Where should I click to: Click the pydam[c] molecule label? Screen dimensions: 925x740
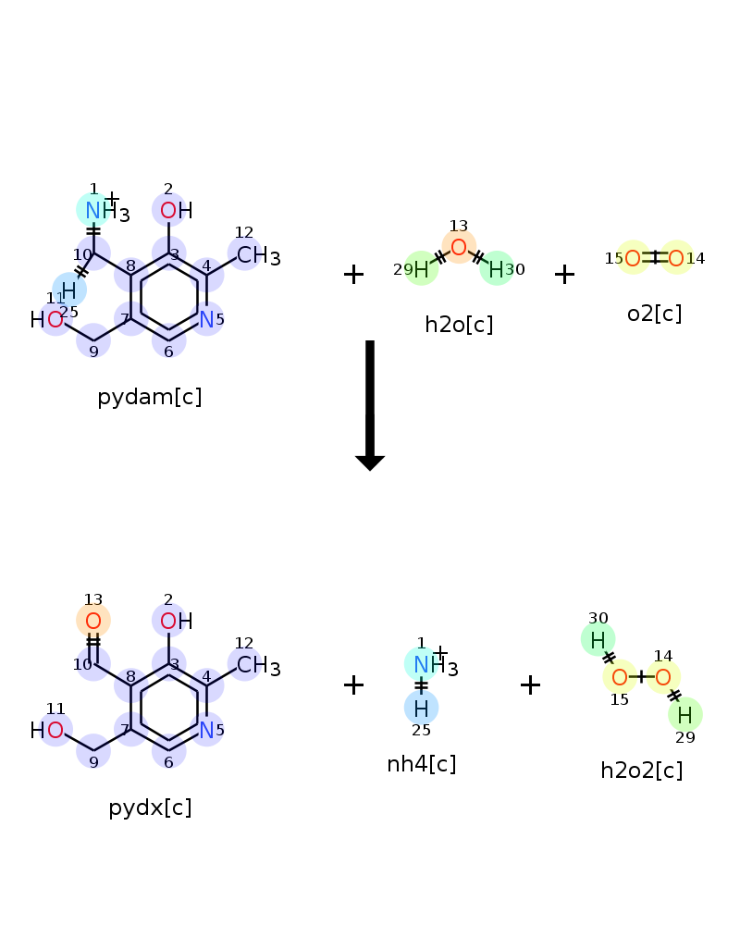click(x=149, y=398)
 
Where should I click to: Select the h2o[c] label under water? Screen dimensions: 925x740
click(x=459, y=325)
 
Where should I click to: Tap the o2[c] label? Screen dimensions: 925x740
click(x=654, y=314)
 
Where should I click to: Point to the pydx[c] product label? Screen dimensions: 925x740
click(x=150, y=808)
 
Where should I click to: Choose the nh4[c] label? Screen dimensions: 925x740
click(x=422, y=764)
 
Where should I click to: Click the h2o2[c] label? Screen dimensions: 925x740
click(x=642, y=771)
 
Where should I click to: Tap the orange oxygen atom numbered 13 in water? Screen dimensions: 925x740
click(x=459, y=247)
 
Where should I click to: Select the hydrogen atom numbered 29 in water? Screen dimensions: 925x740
click(x=421, y=269)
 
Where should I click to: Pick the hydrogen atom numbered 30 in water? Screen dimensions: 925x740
click(x=497, y=269)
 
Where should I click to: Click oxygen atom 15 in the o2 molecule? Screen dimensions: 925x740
click(x=633, y=258)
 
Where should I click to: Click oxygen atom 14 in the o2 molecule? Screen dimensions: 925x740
click(x=676, y=258)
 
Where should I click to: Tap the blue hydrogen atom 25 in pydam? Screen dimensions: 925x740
click(x=69, y=290)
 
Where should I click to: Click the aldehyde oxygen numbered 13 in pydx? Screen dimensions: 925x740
click(x=93, y=621)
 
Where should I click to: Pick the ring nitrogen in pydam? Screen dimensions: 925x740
click(x=206, y=320)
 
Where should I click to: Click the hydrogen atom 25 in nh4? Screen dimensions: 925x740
click(x=422, y=709)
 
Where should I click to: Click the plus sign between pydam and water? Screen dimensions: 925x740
click(x=353, y=275)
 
